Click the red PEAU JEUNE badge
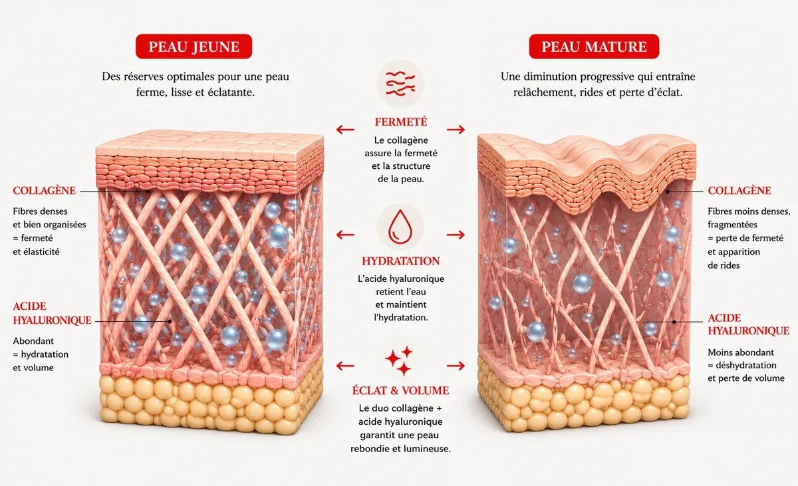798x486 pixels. coord(194,47)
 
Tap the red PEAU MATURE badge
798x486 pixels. coord(594,47)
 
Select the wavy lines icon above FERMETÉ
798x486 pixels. coord(401,83)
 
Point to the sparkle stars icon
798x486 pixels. coord(400,360)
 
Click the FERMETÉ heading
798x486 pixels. coord(401,122)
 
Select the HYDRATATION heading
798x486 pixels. coord(401,261)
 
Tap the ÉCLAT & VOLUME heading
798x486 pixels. coord(401,390)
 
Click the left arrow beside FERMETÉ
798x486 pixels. coord(345,129)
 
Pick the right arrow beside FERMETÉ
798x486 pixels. coord(456,129)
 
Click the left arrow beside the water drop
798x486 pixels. coord(345,235)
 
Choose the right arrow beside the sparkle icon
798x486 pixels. coord(456,366)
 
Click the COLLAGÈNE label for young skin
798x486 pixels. coord(44,191)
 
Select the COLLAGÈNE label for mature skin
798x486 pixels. coord(739,191)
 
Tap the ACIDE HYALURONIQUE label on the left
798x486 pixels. coord(52,313)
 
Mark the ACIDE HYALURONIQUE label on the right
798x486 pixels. coord(749,324)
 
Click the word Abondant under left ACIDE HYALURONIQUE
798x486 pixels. coord(33,341)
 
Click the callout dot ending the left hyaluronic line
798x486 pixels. coord(170,321)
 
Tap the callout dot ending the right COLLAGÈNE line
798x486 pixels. coord(668,191)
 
